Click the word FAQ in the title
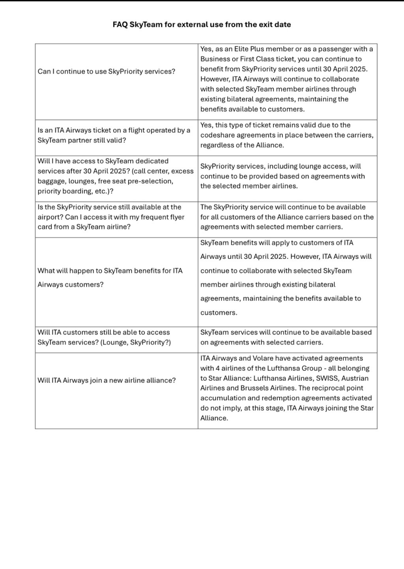[120, 24]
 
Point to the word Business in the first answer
[215, 59]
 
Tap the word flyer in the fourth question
[176, 217]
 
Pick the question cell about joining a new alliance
[107, 380]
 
